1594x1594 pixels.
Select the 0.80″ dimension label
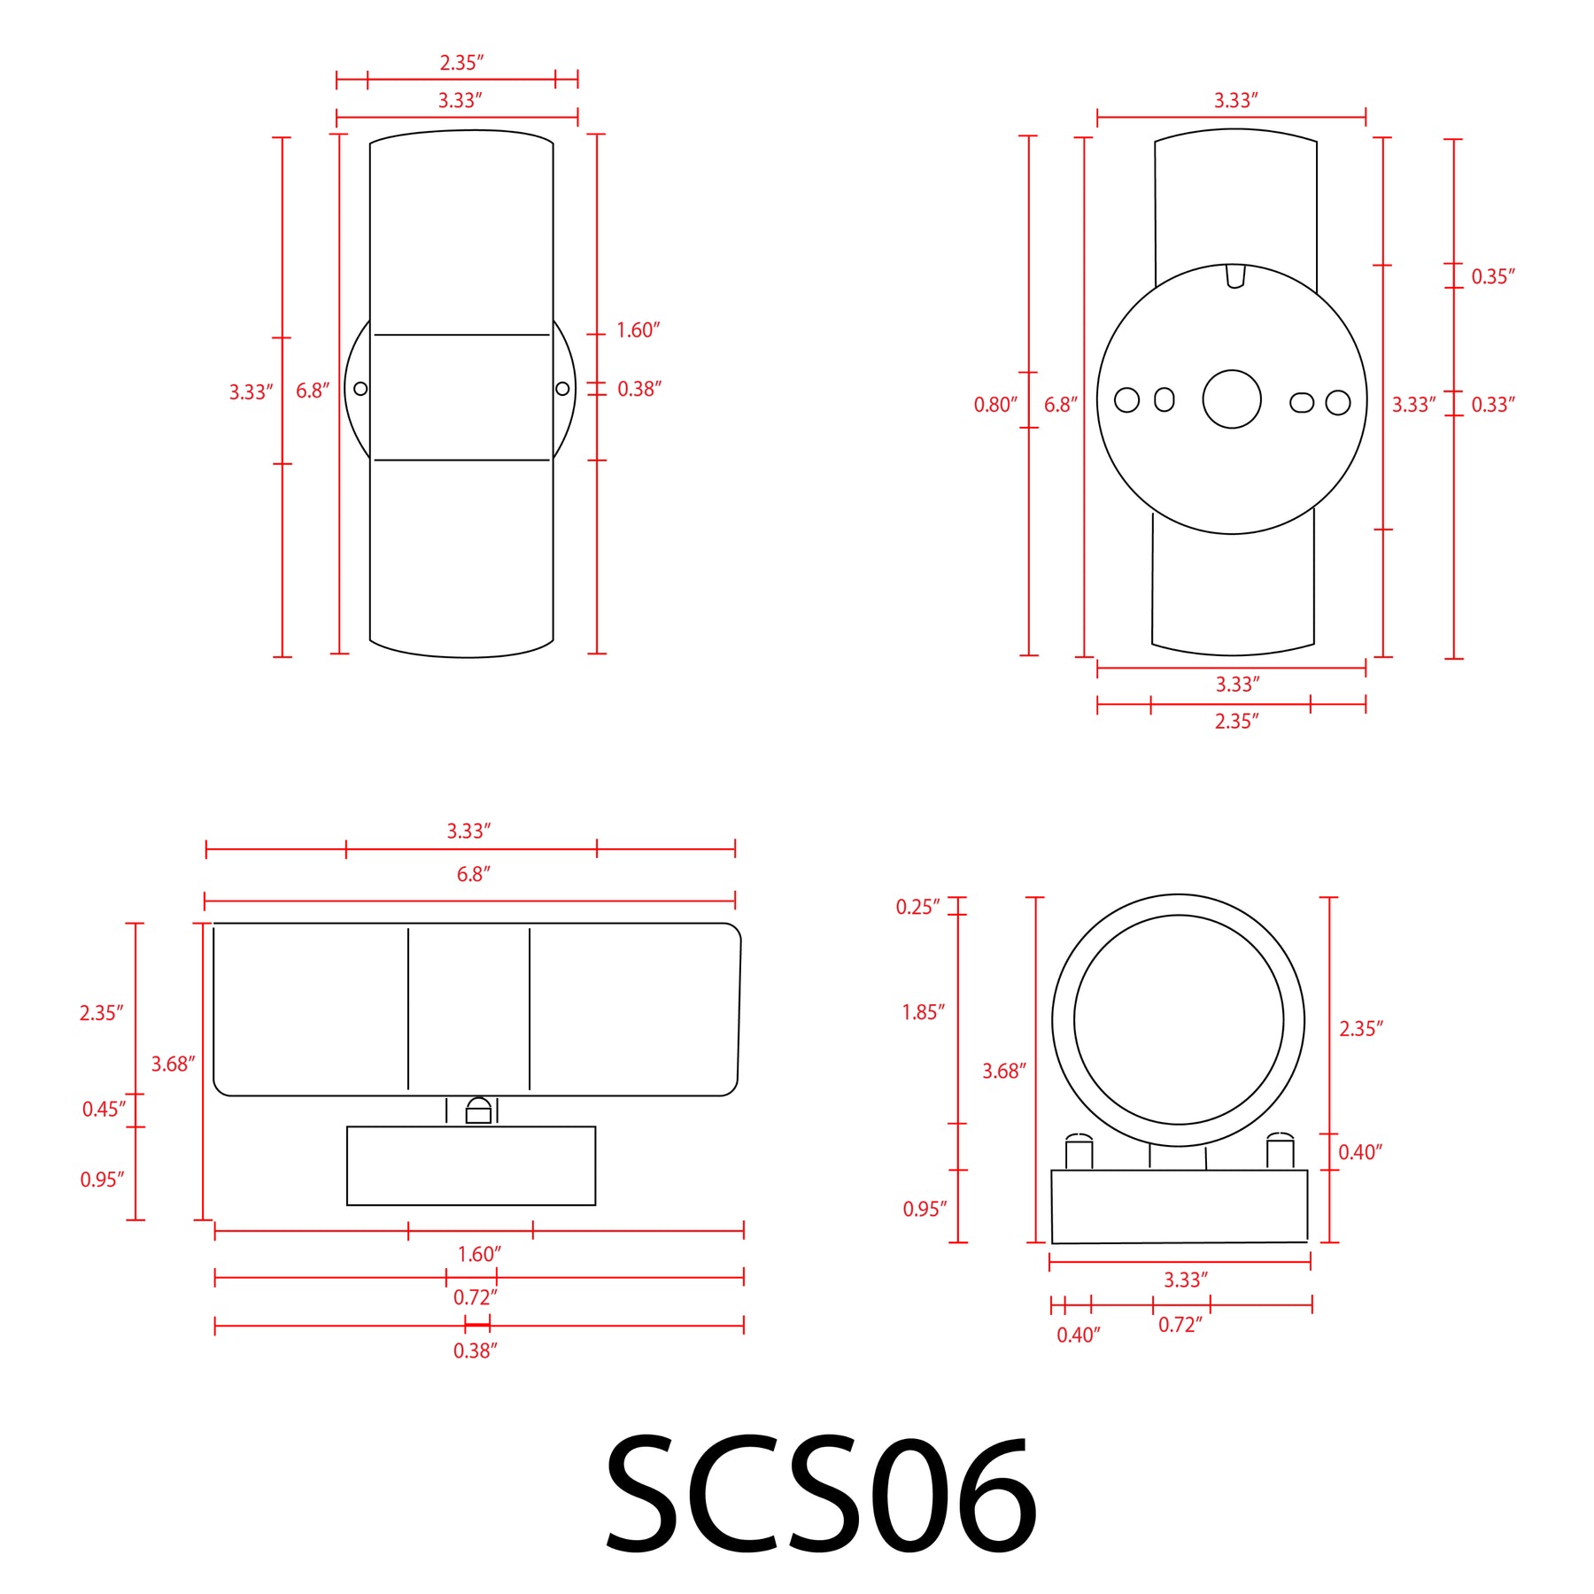coord(995,405)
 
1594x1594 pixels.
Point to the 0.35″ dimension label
coord(1493,276)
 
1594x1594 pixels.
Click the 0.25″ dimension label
coord(917,907)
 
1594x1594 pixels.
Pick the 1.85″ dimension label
coord(923,1012)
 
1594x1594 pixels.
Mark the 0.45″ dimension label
coord(104,1109)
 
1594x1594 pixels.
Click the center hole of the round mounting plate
coord(1231,399)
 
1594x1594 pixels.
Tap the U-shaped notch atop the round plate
coord(1235,276)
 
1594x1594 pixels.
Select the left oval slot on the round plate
coord(1165,399)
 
